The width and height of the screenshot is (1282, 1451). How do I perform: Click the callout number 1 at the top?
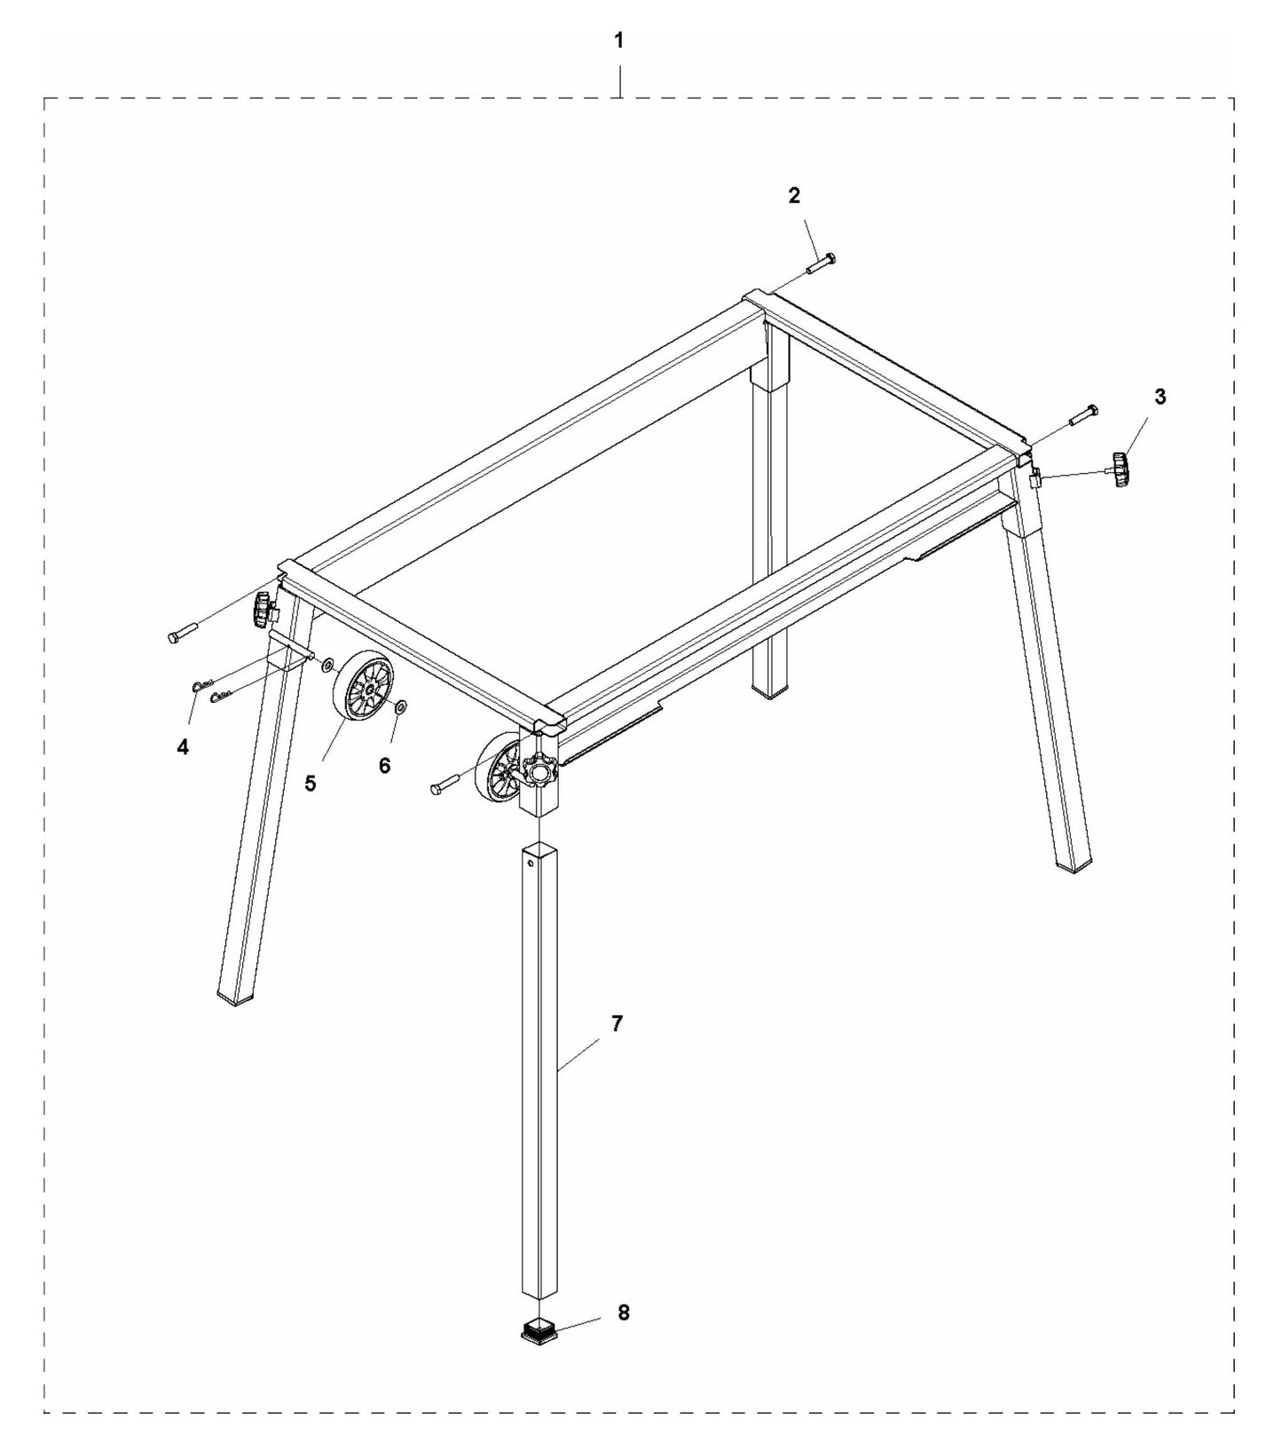tap(619, 40)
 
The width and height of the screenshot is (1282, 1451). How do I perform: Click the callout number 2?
tap(794, 196)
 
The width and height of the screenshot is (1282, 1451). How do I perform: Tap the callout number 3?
tap(1160, 397)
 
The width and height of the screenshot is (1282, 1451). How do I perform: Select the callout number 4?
tap(183, 747)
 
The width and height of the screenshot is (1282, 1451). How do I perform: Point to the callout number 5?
tap(311, 784)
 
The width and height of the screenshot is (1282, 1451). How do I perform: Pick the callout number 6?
tap(384, 765)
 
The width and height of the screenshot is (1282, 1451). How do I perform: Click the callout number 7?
tap(617, 1023)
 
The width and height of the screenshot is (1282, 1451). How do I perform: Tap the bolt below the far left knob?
tap(180, 635)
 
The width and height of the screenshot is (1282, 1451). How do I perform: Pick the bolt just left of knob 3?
tap(1083, 414)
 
